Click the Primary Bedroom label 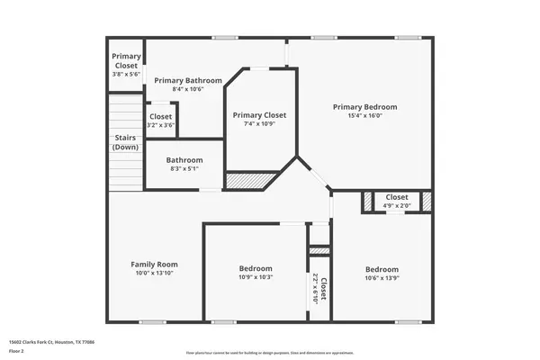coord(364,107)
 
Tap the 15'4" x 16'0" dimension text coord(364,116)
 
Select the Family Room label coord(155,264)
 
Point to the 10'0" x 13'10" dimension coord(155,273)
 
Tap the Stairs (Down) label coord(125,142)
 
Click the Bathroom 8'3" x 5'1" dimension coord(184,168)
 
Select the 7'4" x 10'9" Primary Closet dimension coord(259,124)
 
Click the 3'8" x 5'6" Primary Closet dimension coord(126,75)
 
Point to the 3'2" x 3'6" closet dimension coord(160,125)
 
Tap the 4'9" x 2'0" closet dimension coord(397,206)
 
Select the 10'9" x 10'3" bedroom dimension coord(256,277)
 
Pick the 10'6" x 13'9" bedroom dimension coord(382,278)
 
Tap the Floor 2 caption coord(16,350)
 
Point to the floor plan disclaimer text coord(270,353)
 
